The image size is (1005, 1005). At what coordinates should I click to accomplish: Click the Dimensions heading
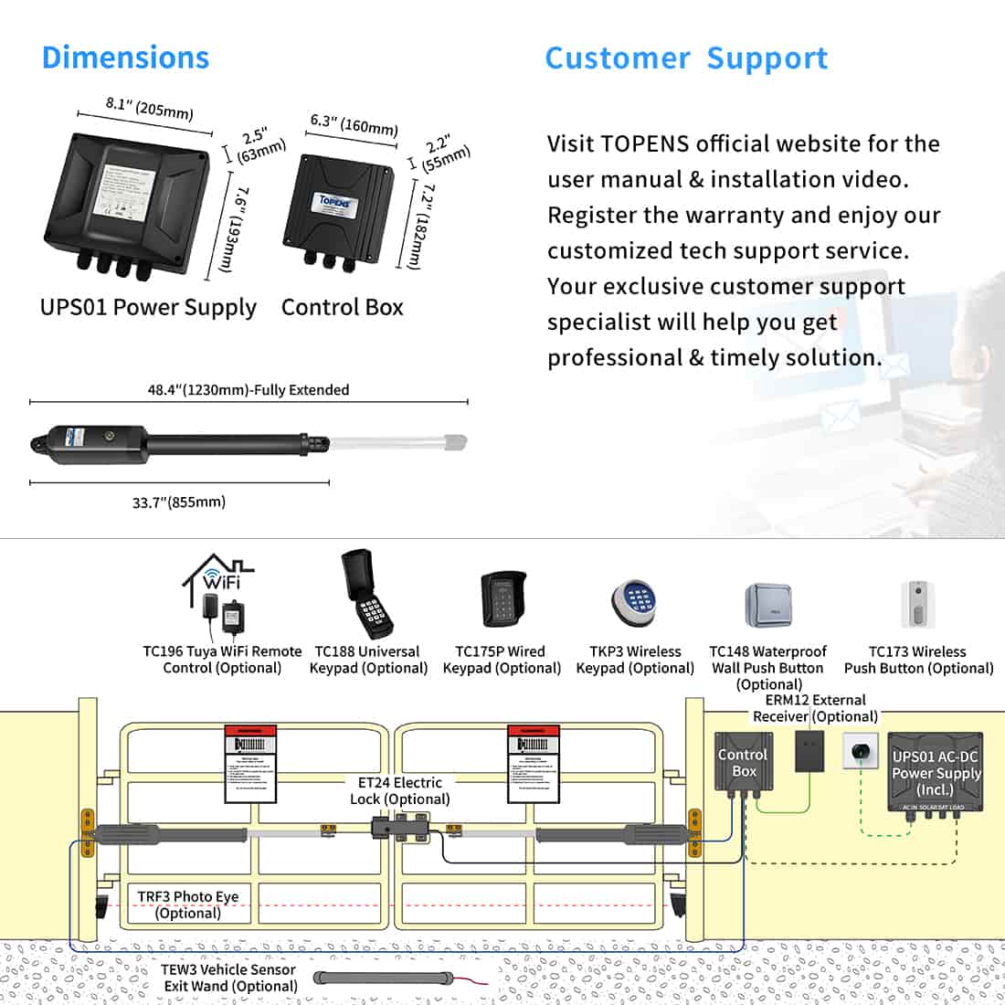[x=125, y=58]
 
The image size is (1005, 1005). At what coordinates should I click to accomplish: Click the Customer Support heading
[x=686, y=58]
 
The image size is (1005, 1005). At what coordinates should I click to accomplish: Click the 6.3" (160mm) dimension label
[x=354, y=124]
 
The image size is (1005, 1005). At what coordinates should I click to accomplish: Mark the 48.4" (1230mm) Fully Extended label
[x=249, y=390]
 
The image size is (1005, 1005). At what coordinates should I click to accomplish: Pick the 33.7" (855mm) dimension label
[x=179, y=502]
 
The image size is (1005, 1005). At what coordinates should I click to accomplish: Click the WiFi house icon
[x=217, y=577]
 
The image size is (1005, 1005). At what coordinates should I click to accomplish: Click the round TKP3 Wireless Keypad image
[x=635, y=604]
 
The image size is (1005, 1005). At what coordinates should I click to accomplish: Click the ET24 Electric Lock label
[x=399, y=790]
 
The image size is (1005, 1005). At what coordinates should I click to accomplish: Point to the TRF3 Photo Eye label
[x=187, y=904]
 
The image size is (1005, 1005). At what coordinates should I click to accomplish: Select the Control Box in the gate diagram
[x=743, y=762]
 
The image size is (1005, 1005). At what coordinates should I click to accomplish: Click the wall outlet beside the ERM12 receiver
[x=860, y=751]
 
